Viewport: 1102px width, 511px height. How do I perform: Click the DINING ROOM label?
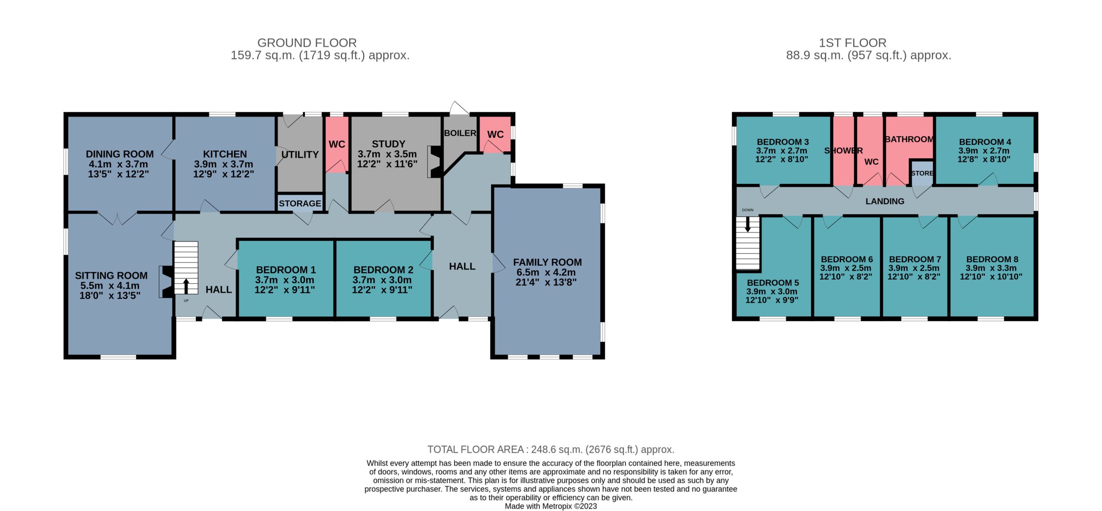[120, 154]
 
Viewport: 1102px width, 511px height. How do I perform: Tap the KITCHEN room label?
[225, 154]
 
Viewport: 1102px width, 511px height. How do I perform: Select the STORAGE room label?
[300, 203]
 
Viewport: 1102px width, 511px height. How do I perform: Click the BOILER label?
[460, 133]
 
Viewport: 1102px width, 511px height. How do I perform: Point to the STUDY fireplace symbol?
[435, 162]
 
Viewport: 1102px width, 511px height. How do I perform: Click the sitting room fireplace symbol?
[167, 282]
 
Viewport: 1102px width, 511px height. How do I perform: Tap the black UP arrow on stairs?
[186, 286]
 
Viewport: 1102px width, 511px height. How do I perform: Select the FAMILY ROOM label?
[547, 262]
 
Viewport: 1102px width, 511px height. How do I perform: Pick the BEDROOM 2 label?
[383, 270]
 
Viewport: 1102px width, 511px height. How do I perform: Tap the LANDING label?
[885, 201]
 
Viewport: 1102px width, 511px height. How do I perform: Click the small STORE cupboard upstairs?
[922, 173]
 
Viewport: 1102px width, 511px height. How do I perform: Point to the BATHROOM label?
[909, 139]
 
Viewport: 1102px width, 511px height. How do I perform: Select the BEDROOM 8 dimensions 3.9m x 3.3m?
[991, 268]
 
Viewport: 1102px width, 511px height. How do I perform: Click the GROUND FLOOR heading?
[307, 43]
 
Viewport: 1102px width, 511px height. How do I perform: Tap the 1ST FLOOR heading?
[852, 43]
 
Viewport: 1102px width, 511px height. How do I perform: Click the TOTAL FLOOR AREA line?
[551, 449]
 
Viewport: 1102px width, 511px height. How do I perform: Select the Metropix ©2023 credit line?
[551, 506]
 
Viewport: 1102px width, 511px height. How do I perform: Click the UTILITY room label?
[300, 155]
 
